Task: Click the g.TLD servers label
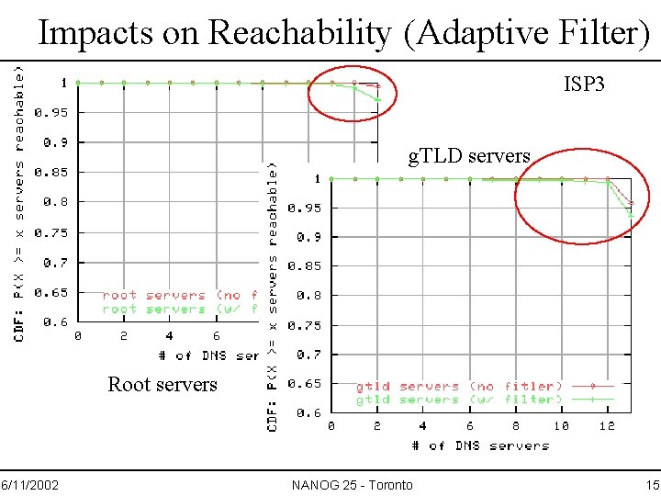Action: click(x=469, y=155)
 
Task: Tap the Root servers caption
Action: click(x=162, y=384)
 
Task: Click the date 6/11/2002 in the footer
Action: click(x=30, y=484)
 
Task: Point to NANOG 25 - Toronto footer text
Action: click(x=352, y=484)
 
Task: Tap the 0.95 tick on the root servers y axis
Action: click(x=51, y=113)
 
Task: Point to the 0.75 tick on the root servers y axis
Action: click(x=51, y=232)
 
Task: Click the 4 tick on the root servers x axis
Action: click(x=170, y=336)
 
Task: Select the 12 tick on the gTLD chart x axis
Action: click(x=607, y=426)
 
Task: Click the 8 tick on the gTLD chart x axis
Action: click(x=515, y=426)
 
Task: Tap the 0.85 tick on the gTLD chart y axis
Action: click(x=304, y=266)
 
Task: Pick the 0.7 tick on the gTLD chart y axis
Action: click(x=308, y=355)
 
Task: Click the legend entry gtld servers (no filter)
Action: click(x=459, y=387)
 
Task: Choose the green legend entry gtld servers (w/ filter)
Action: click(x=459, y=400)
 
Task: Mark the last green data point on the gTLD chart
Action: click(x=631, y=216)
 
